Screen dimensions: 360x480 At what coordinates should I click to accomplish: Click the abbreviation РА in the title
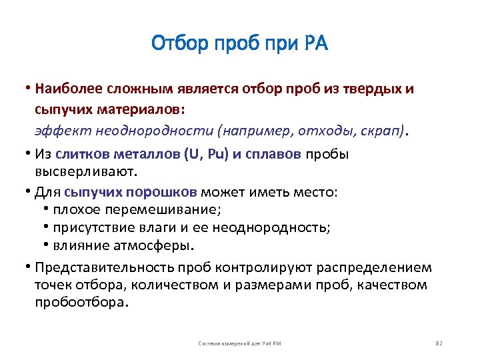[315, 45]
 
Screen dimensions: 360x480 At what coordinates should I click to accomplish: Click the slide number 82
[438, 343]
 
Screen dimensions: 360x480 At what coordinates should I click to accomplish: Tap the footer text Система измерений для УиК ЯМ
[240, 343]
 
